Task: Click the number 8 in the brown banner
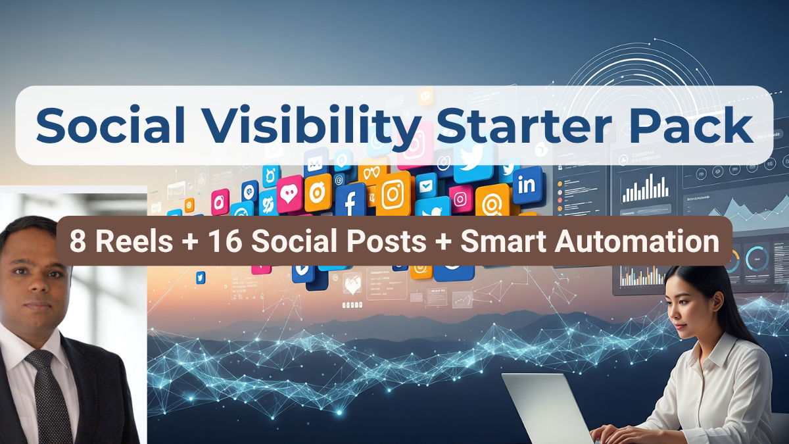click(77, 241)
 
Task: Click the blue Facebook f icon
click(350, 199)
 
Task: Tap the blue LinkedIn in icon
click(527, 184)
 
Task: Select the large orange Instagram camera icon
click(393, 193)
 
